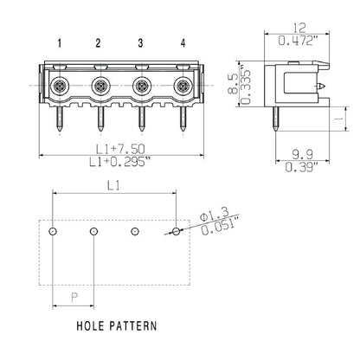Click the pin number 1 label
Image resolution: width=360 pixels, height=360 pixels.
[58, 42]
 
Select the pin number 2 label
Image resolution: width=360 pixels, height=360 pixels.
[99, 42]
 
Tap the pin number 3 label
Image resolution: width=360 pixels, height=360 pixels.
[140, 42]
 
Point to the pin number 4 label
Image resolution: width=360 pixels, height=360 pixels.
[182, 42]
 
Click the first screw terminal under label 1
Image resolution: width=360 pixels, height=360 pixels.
[58, 87]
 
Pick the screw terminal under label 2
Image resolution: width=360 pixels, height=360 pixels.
[100, 87]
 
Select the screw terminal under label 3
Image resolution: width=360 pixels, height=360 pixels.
[141, 87]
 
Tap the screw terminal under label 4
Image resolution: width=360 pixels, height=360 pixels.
[182, 87]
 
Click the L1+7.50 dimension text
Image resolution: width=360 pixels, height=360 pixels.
[119, 150]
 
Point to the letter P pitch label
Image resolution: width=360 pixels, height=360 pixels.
[74, 296]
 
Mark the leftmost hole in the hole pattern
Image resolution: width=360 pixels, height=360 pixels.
[54, 232]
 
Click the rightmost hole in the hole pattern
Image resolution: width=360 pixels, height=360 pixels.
[177, 232]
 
